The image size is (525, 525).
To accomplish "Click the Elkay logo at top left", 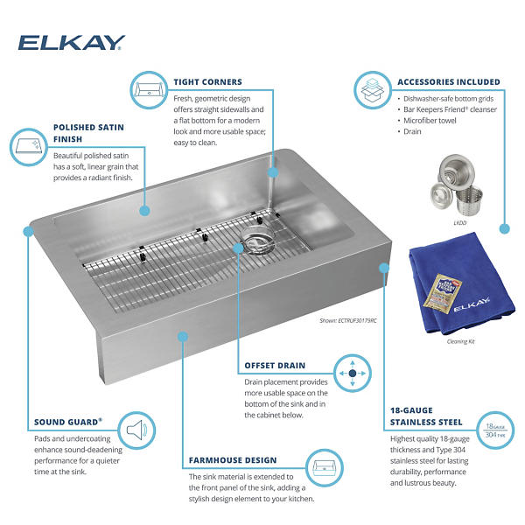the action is (72, 43).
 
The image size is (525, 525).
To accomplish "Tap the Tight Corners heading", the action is (207, 82).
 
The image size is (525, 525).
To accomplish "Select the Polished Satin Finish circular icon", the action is (29, 147).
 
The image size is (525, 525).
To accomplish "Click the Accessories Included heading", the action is (449, 82).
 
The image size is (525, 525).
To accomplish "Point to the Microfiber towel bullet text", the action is (430, 121).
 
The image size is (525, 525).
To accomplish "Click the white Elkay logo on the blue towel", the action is (472, 304).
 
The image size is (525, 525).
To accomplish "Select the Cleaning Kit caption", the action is (461, 341).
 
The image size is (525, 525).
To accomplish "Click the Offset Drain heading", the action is (275, 366).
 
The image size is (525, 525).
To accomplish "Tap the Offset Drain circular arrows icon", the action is (353, 373).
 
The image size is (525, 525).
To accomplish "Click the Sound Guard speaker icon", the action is (136, 430).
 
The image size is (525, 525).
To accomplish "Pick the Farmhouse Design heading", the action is (233, 460).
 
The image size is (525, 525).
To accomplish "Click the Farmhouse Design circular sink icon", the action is (324, 468).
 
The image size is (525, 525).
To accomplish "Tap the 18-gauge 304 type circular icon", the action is (495, 430).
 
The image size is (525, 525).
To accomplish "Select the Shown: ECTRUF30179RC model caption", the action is (348, 321).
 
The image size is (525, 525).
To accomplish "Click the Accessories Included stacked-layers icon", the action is (373, 90).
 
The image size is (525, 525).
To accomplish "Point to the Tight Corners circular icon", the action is (149, 90).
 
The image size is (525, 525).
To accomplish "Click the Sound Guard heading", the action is (68, 422).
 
